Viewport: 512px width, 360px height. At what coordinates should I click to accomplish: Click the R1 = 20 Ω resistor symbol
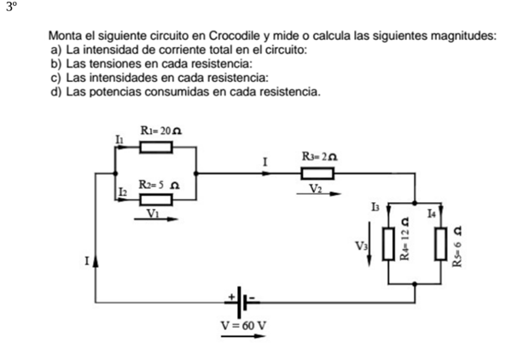(x=156, y=148)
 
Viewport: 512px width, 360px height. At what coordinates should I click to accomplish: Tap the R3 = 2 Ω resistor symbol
(x=317, y=175)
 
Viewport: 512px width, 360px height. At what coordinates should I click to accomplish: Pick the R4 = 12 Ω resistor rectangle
(x=389, y=246)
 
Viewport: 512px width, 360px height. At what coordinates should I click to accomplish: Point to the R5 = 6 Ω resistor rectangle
(x=441, y=246)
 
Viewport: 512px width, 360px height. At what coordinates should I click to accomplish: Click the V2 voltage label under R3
(x=317, y=188)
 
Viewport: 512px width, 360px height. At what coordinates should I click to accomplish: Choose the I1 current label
(x=119, y=138)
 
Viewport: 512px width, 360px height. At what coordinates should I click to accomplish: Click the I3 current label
(x=375, y=207)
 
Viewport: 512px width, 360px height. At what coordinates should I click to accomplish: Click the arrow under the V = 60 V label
(x=243, y=337)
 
